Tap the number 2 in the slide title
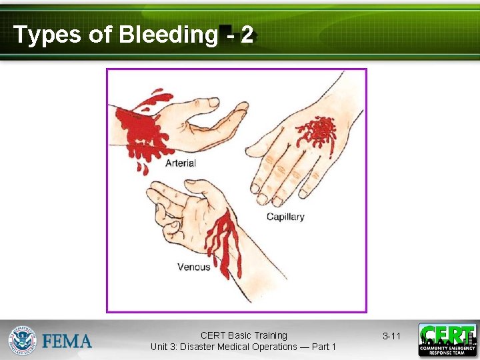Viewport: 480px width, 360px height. (x=247, y=35)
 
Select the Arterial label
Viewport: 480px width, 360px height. (x=180, y=163)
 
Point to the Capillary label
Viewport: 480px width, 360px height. (x=285, y=217)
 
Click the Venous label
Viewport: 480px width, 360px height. (x=193, y=267)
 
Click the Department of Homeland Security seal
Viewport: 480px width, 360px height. (x=21, y=340)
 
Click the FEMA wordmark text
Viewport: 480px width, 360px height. (x=67, y=341)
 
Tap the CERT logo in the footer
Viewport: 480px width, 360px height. (x=447, y=340)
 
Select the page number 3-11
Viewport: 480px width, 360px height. (x=391, y=336)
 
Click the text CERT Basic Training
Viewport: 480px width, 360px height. (x=243, y=335)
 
